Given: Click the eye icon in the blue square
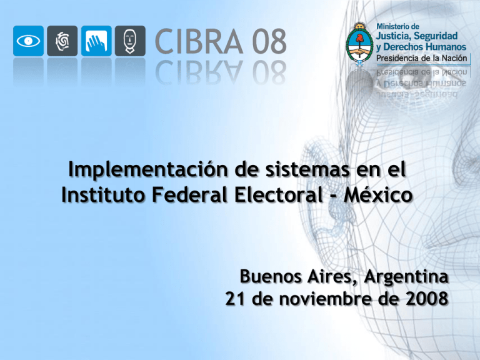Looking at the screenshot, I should click(x=29, y=41).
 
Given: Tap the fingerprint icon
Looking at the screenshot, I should click(x=62, y=41).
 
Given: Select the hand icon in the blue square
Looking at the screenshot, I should click(x=96, y=41).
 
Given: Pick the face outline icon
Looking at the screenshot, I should click(x=129, y=41).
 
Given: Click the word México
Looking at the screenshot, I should click(x=382, y=196).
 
